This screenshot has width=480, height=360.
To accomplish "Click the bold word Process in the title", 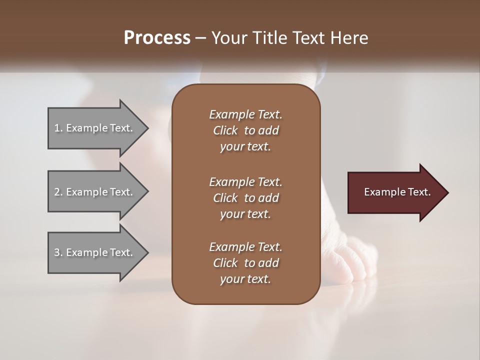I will point(157,38).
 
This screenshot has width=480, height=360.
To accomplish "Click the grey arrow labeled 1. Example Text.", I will point(95,128).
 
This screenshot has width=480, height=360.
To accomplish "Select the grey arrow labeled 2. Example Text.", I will point(95,192).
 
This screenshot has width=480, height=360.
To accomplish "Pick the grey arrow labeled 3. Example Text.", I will point(95,252).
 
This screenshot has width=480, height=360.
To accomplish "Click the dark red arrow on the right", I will point(395,192).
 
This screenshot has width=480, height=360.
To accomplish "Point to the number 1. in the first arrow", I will point(58,128).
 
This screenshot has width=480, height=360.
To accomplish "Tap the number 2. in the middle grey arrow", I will point(58,192).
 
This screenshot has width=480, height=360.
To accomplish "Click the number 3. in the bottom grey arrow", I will point(58,252).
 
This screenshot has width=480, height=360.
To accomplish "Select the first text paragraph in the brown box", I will point(245,130).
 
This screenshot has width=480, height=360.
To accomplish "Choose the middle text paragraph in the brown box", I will point(245,197).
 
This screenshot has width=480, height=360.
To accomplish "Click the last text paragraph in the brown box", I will point(245,263).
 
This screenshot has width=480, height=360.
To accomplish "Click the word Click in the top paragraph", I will point(225,130).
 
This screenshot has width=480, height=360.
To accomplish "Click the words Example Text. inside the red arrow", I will point(397,192).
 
